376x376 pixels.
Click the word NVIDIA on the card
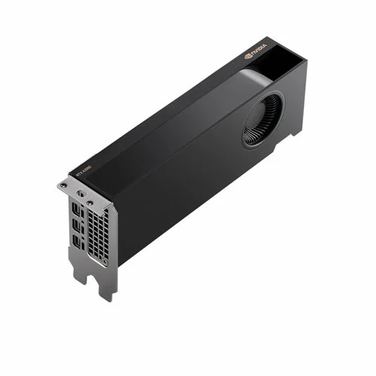pos(257,53)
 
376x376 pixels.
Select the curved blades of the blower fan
pos(256,128)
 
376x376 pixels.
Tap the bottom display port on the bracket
pos(77,241)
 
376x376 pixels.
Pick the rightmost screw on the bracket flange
pos(89,202)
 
